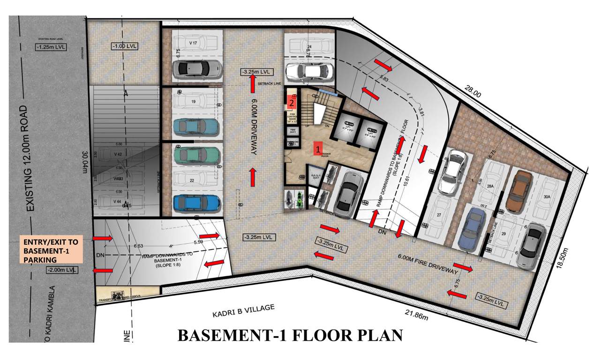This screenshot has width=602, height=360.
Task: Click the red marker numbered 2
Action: pos(292,101)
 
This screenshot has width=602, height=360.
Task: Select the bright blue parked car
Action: pos(196,203)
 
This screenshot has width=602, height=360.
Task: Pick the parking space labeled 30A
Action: pos(547,197)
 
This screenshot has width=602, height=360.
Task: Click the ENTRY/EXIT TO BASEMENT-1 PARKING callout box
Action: pos(51,248)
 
